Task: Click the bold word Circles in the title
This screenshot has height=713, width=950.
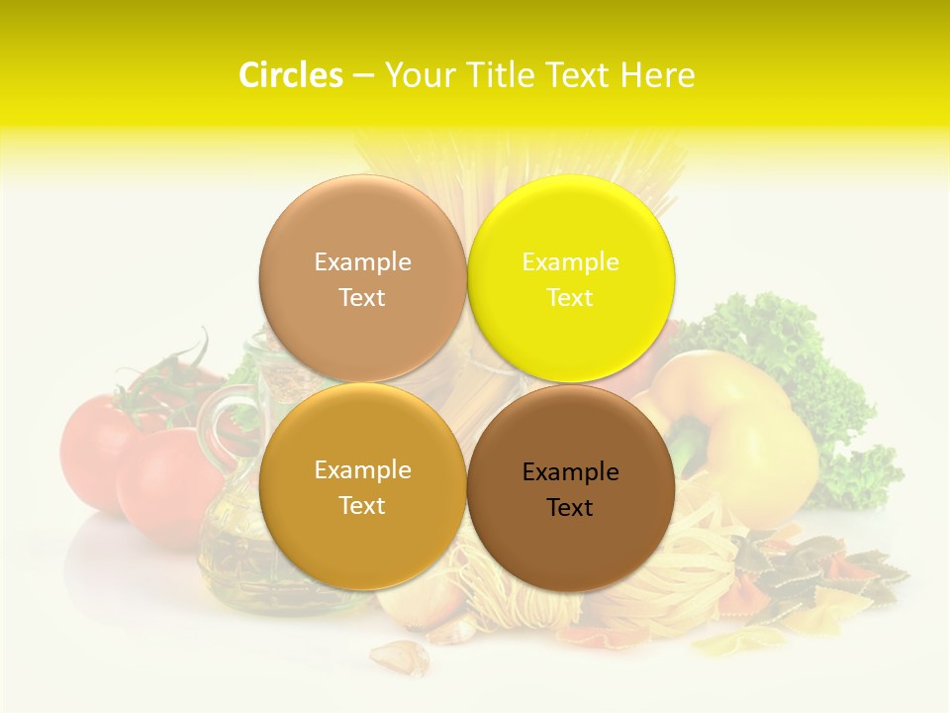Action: (x=290, y=75)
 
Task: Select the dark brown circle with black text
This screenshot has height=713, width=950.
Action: (x=571, y=545)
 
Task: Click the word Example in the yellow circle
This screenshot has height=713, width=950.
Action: (x=570, y=262)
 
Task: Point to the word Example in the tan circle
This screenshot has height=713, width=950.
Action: (x=362, y=262)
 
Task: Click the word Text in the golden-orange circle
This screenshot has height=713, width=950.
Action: (x=362, y=506)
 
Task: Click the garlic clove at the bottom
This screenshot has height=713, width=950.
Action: (x=396, y=657)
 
